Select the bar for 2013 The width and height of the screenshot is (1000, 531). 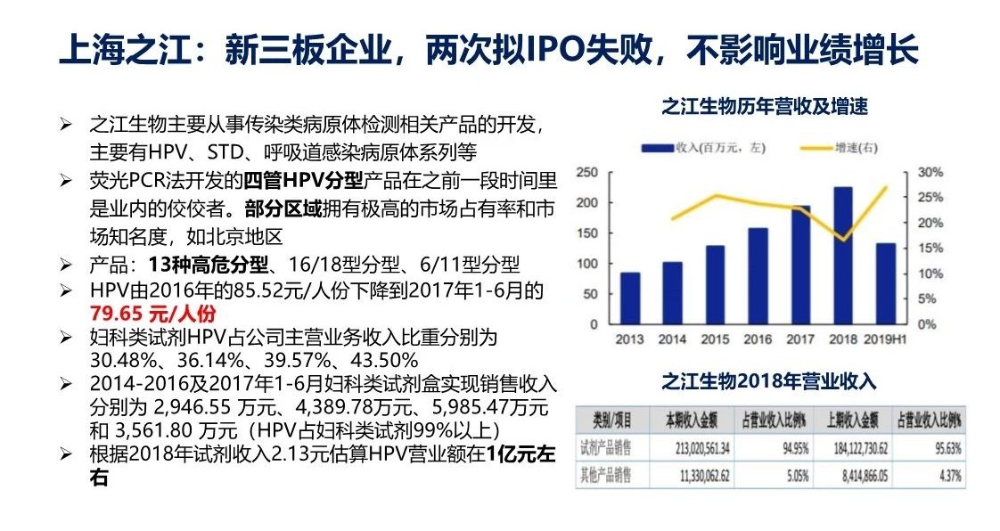point(630,298)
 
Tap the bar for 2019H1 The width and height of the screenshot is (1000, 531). point(885,282)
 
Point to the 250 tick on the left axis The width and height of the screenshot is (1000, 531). point(587,172)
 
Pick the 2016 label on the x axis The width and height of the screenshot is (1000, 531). point(757,339)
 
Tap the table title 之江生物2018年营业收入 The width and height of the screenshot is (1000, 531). point(768,382)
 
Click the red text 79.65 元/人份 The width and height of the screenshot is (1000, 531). point(152,314)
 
